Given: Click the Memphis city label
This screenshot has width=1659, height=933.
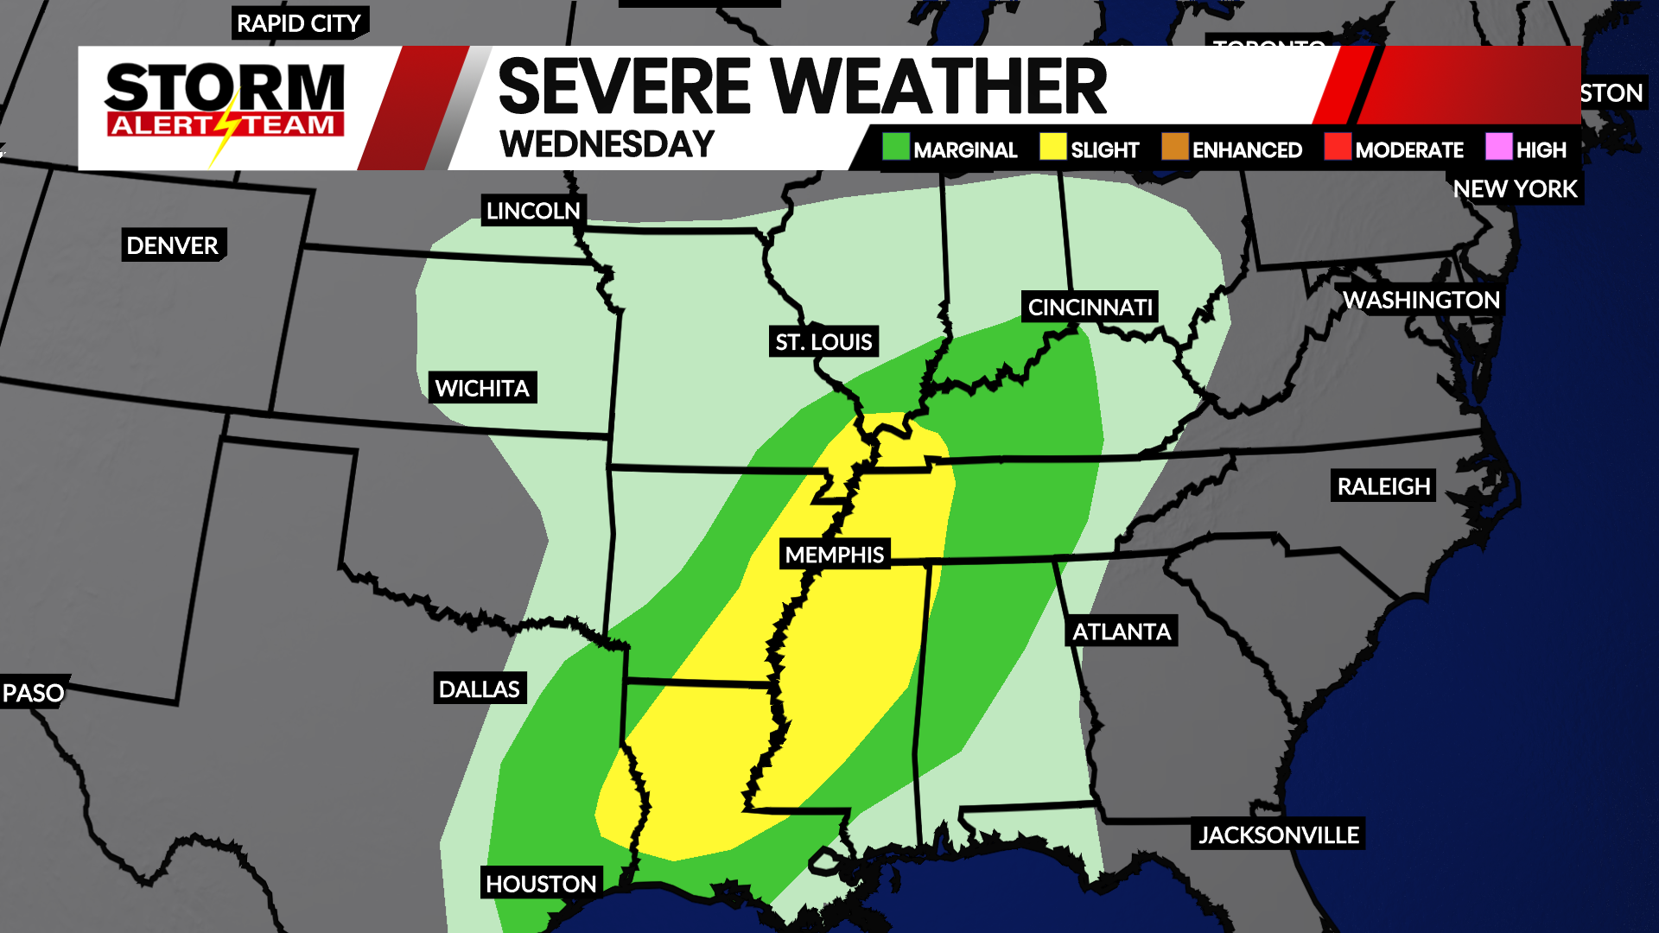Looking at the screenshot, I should (x=834, y=555).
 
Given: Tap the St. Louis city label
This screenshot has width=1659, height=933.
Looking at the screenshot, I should (x=823, y=342).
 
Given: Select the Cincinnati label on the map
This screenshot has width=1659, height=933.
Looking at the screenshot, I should (x=1090, y=308).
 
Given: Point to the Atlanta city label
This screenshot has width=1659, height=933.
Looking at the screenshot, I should (x=1121, y=632).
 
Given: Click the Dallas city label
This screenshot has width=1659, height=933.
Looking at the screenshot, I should (x=479, y=689).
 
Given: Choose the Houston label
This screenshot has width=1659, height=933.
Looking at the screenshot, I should (x=541, y=884).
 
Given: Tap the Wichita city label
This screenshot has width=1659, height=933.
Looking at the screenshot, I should (x=482, y=389).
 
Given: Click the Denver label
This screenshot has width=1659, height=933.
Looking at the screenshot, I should (x=173, y=246).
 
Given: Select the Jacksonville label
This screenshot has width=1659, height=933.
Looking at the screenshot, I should (x=1278, y=835).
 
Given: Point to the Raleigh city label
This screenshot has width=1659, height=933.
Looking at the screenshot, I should (x=1383, y=487).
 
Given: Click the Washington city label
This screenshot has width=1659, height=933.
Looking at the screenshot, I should (x=1421, y=301).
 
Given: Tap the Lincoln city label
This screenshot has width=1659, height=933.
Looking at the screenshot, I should (x=533, y=212).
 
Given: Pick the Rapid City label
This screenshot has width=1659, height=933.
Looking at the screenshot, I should (x=299, y=24).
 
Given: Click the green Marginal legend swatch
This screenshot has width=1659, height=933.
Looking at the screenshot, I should (x=896, y=147).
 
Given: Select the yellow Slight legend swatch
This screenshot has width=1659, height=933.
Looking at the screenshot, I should (x=1052, y=147).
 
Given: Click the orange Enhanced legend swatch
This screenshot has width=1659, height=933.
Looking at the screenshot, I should (x=1175, y=147).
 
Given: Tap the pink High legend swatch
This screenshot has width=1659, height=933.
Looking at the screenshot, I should (x=1498, y=147).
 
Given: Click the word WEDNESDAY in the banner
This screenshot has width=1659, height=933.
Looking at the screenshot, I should (x=607, y=144).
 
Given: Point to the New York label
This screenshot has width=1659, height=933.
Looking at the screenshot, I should (x=1515, y=189).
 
